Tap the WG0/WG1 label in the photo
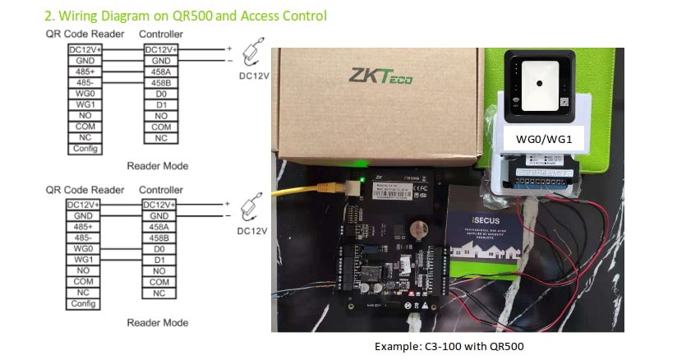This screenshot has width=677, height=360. [550, 141]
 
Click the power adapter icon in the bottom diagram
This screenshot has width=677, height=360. [251, 207]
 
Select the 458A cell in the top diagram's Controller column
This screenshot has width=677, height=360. [161, 72]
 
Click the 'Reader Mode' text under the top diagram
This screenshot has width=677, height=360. [157, 166]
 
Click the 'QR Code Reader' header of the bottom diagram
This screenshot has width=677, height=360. [85, 190]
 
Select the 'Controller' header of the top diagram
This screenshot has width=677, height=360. [161, 35]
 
